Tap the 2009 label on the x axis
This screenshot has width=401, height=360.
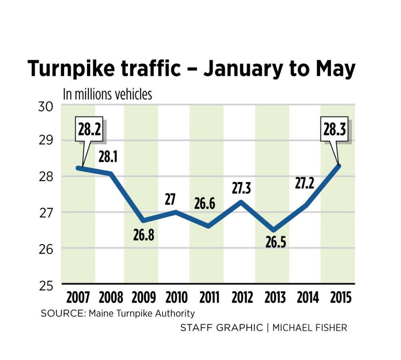tap(144, 298)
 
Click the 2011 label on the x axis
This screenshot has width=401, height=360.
tap(209, 298)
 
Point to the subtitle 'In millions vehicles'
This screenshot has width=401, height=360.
tap(107, 94)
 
